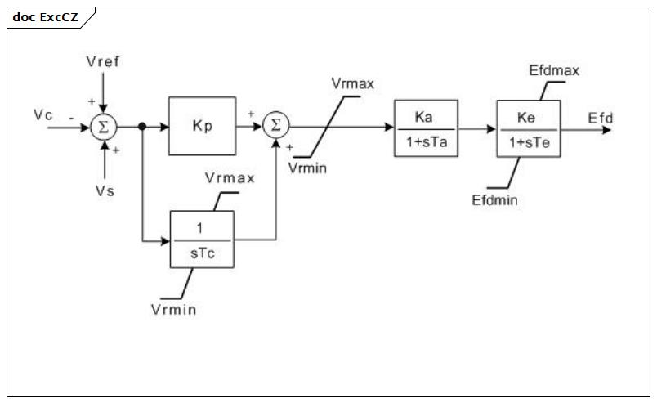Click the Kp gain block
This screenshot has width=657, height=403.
[x=203, y=126]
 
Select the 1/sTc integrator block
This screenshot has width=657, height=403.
[x=202, y=240]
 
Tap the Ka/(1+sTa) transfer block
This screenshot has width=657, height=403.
[x=426, y=128]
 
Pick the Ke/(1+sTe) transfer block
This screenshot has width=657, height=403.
[x=529, y=128]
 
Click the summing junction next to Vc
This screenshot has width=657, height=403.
[x=104, y=127]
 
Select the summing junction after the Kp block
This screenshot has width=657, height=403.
[x=276, y=125]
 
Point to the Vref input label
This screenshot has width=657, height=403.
[x=103, y=61]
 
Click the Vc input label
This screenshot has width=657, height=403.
[x=43, y=114]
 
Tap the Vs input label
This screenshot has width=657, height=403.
[x=105, y=191]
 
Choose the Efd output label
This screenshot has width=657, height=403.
[x=600, y=118]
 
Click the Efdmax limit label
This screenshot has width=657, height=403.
[x=554, y=70]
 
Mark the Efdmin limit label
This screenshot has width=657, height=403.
[x=494, y=200]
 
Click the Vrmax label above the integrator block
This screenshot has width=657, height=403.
[x=230, y=178]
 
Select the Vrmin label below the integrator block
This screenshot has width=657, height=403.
[x=173, y=310]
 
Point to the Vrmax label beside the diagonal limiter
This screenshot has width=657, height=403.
[x=352, y=84]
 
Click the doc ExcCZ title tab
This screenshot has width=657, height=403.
[x=45, y=17]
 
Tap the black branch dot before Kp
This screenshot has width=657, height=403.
[x=142, y=126]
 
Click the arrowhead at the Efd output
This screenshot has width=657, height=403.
[x=606, y=130]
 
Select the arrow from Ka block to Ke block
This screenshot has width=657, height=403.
[x=477, y=128]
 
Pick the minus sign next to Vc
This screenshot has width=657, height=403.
[x=71, y=119]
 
